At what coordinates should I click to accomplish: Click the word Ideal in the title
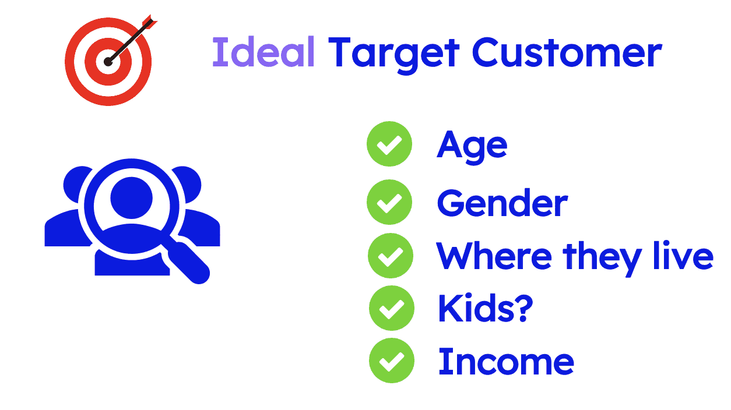tap(263, 52)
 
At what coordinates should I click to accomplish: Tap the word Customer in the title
tap(567, 52)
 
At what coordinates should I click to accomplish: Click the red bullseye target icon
tap(108, 61)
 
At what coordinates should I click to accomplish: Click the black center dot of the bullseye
tap(108, 61)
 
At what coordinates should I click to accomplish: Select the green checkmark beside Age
tap(389, 144)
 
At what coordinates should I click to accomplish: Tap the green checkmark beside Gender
tap(389, 202)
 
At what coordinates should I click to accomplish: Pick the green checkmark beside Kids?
tap(392, 308)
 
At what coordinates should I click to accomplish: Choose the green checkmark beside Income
tap(392, 361)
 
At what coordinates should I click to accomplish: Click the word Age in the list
tap(472, 146)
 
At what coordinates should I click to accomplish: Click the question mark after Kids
tap(522, 309)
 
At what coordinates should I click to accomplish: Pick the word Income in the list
tap(506, 361)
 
